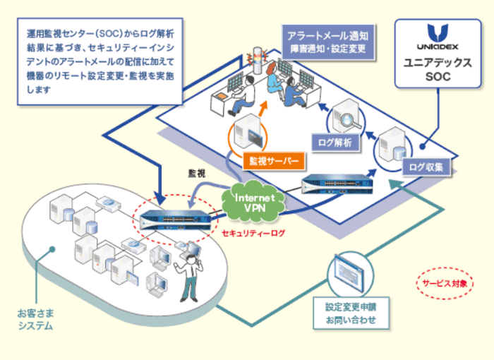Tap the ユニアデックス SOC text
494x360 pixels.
[438, 68]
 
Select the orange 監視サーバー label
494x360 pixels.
[270, 161]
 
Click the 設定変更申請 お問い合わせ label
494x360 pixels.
[351, 313]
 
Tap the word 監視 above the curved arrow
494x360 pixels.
[198, 172]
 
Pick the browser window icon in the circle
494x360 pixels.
[350, 275]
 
